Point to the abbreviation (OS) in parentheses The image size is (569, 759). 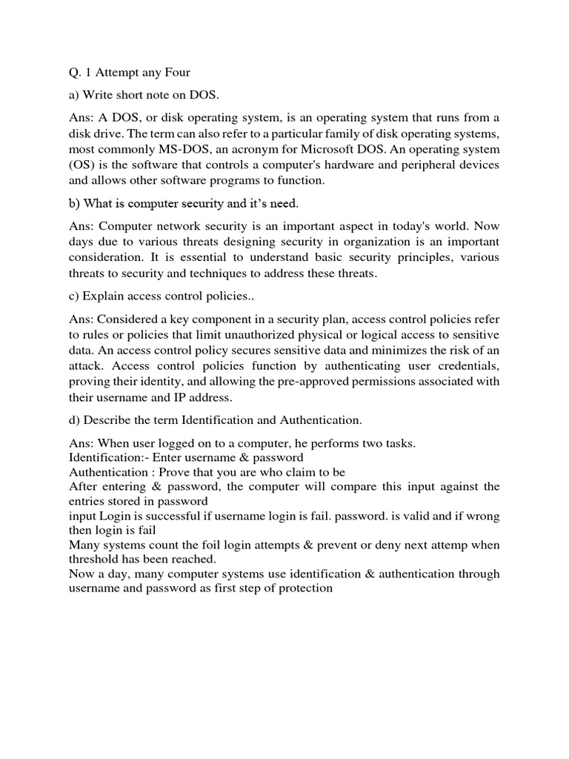(x=83, y=164)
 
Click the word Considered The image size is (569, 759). (x=130, y=319)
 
